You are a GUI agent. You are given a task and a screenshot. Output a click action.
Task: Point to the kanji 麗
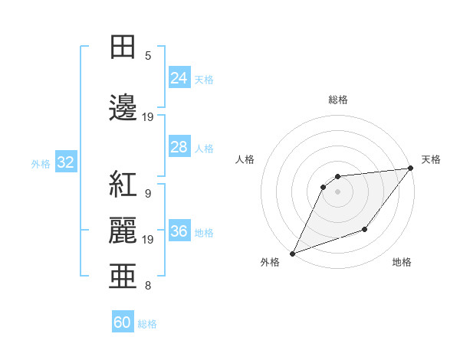pyautogui.click(x=123, y=230)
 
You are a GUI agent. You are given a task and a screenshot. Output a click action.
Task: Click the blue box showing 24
pyautogui.click(x=179, y=78)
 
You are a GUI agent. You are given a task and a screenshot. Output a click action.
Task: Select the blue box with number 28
pyautogui.click(x=179, y=147)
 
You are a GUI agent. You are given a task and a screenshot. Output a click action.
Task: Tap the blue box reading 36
pyautogui.click(x=179, y=232)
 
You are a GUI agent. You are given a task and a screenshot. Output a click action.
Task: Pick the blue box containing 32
pyautogui.click(x=65, y=163)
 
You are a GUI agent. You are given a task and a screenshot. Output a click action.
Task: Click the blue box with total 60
pyautogui.click(x=123, y=322)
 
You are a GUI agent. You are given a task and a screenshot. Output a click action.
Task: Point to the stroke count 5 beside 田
pyautogui.click(x=148, y=56)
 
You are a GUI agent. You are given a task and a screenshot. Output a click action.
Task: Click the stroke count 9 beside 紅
pyautogui.click(x=148, y=194)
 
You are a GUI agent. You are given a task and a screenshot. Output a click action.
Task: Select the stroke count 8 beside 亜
pyautogui.click(x=148, y=286)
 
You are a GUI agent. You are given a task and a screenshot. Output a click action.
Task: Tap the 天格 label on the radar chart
pyautogui.click(x=431, y=159)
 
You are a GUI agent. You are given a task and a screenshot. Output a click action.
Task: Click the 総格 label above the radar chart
pyautogui.click(x=337, y=100)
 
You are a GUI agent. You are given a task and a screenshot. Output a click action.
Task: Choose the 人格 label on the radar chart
pyautogui.click(x=245, y=159)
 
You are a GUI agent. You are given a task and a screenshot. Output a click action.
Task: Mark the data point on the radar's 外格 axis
pyautogui.click(x=292, y=254)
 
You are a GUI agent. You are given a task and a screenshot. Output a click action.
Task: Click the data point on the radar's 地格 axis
pyautogui.click(x=365, y=229)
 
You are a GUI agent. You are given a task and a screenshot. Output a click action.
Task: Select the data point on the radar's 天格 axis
pyautogui.click(x=410, y=168)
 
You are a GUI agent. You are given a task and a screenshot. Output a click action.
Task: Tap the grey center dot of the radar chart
pyautogui.click(x=337, y=191)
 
